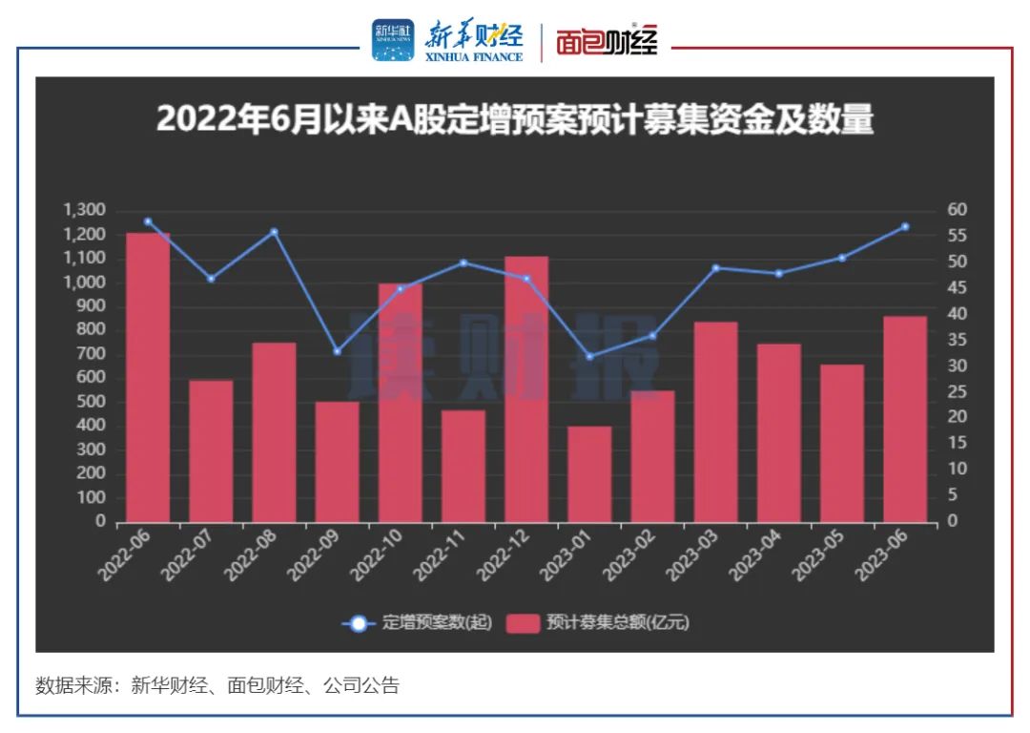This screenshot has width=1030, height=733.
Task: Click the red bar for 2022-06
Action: pyautogui.click(x=148, y=377)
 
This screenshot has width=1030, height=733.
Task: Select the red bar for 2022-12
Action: pyautogui.click(x=526, y=389)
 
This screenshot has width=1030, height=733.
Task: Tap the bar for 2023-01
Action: pyautogui.click(x=589, y=474)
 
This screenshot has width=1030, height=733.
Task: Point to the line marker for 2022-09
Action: pyautogui.click(x=337, y=352)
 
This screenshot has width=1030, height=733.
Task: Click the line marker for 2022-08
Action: pyautogui.click(x=274, y=232)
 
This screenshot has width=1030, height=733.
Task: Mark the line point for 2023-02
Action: pyautogui.click(x=652, y=336)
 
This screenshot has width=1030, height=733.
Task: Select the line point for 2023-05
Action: pyautogui.click(x=842, y=258)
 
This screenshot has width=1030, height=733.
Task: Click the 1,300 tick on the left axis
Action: pyautogui.click(x=87, y=210)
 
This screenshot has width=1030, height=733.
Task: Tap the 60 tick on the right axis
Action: pyautogui.click(x=957, y=210)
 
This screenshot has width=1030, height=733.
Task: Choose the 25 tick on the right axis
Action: pyautogui.click(x=957, y=392)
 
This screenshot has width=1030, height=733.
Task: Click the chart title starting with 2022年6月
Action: pyautogui.click(x=515, y=121)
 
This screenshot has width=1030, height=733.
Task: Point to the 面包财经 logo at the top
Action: pyautogui.click(x=607, y=43)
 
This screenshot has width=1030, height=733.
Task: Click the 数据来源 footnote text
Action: pyautogui.click(x=217, y=685)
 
